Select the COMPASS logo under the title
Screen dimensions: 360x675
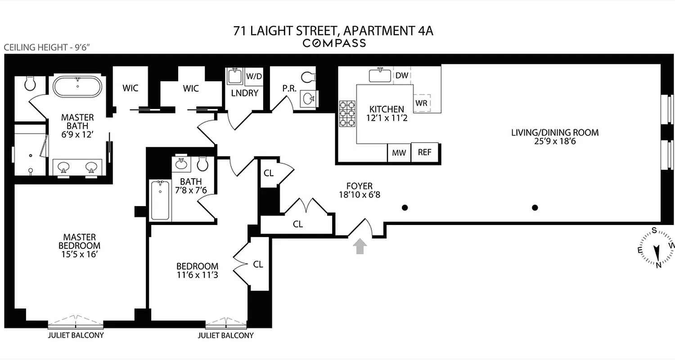click(x=334, y=43)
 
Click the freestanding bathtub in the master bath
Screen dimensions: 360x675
click(x=78, y=87)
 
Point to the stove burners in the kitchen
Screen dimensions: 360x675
click(x=347, y=113)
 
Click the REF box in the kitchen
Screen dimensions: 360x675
click(x=424, y=152)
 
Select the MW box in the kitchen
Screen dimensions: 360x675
click(x=399, y=153)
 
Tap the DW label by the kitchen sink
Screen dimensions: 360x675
click(x=402, y=76)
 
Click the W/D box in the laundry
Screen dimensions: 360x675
click(x=254, y=76)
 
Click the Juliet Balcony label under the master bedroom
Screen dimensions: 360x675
click(x=76, y=335)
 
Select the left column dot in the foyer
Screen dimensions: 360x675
click(x=405, y=207)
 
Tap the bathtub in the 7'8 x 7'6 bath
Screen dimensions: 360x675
click(x=160, y=200)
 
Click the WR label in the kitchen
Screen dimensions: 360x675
click(x=421, y=103)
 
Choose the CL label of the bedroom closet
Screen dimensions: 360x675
click(x=258, y=265)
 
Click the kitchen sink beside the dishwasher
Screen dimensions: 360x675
click(x=380, y=75)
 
